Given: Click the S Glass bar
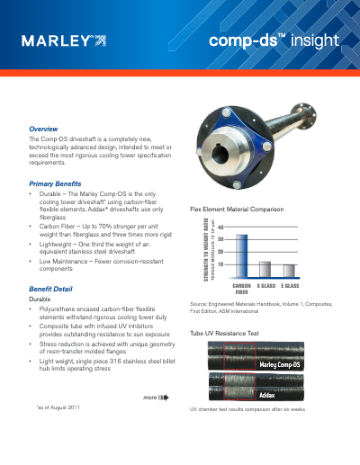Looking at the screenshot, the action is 265,268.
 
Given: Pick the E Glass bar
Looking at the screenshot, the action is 288,270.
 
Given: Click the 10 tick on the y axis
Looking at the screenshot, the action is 220,264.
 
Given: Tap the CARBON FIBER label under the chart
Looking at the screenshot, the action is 241,288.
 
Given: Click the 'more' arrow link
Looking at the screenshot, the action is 156,396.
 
